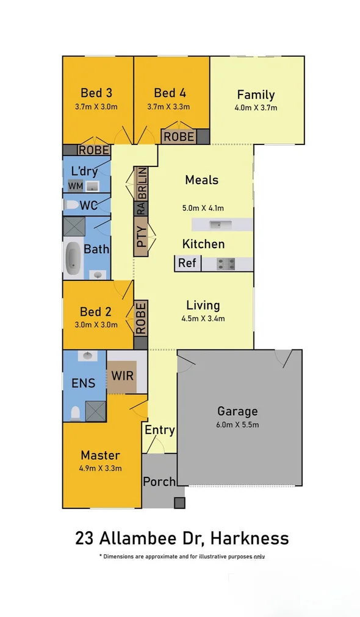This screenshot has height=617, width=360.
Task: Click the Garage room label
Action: [237, 412]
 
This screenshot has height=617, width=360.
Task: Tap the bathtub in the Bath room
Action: [73, 257]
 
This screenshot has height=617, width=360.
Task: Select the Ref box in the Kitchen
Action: [187, 263]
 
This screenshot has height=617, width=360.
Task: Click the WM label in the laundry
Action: [75, 185]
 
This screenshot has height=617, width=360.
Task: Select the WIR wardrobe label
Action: [122, 375]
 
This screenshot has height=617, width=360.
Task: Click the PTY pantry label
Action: [141, 237]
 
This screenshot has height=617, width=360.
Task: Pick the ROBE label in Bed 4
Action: [179, 137]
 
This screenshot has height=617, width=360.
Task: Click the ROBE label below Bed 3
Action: [94, 150]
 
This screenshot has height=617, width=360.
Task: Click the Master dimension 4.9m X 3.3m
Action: [101, 468]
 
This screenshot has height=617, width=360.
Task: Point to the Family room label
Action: [256, 95]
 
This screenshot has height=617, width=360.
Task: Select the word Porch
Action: [159, 482]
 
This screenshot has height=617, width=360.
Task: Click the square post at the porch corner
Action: [179, 503]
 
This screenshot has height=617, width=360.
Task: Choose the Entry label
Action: [160, 430]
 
